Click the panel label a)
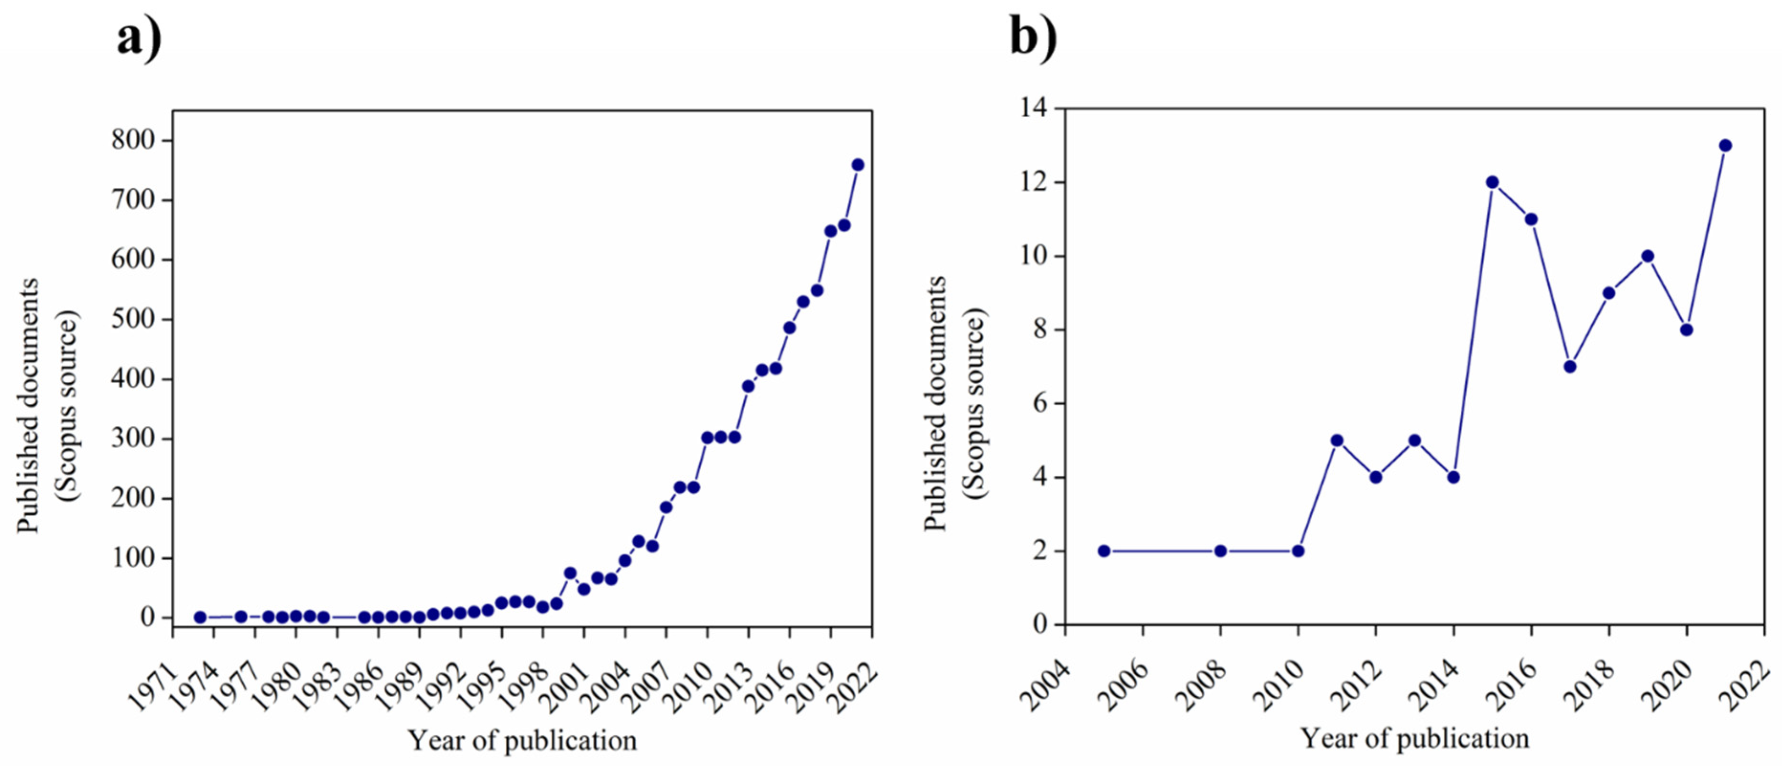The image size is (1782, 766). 138,38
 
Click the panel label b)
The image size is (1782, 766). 1033,38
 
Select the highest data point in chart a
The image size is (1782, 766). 858,164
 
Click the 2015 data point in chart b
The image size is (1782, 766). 1492,183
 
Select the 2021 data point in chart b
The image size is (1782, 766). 1725,145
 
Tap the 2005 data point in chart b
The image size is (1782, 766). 1104,551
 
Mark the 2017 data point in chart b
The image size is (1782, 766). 1570,367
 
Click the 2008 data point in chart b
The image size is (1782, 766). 1220,551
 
